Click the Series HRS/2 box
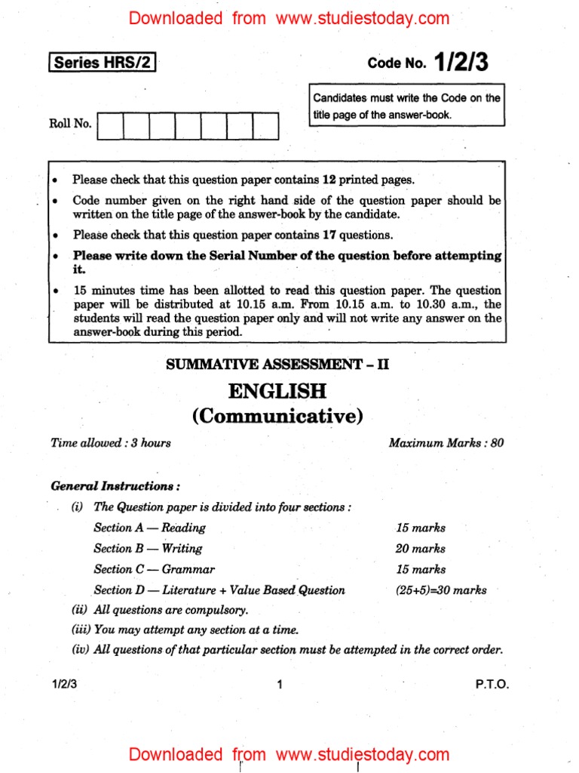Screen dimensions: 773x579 103,63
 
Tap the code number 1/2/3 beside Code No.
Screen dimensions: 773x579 461,63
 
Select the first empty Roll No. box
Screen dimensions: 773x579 110,126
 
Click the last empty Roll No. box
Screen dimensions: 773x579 265,126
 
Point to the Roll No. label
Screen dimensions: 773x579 70,124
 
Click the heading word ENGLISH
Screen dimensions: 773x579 277,391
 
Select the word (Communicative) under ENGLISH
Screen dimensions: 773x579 277,415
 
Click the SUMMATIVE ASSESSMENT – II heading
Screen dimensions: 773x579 277,365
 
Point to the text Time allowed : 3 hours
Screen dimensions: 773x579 111,443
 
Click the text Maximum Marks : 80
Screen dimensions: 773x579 446,443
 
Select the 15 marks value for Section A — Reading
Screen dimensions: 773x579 420,528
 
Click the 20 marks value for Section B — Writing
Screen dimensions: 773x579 420,549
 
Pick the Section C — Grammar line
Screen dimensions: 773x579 154,570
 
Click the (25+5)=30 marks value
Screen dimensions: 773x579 441,590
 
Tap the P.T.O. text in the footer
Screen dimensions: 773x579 492,685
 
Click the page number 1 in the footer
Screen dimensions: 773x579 279,685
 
